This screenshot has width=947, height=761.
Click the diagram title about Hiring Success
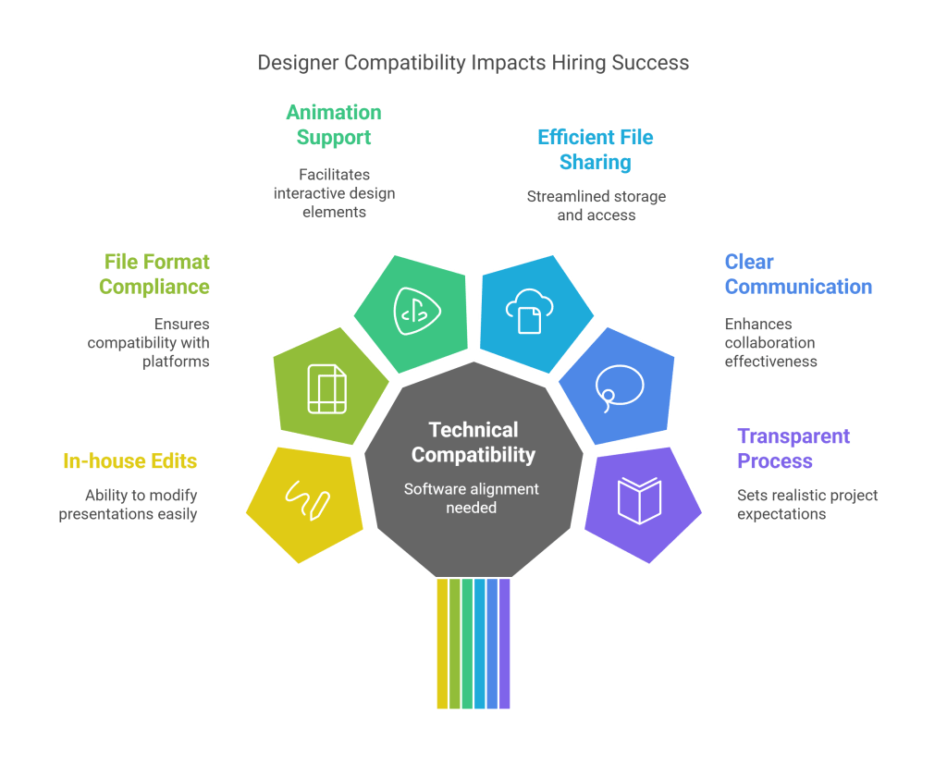coord(473,63)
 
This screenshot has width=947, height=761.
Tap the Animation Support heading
coord(333,126)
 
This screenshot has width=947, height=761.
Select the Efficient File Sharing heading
coord(596,150)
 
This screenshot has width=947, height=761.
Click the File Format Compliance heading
coord(154,275)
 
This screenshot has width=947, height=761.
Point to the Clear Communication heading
coord(797,275)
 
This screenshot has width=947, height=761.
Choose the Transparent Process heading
coord(793,448)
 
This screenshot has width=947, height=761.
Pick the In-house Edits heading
coord(130,461)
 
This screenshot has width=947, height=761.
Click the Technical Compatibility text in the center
coord(473,442)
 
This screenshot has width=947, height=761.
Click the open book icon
coord(640,499)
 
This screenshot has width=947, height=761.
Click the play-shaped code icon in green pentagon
coord(416,311)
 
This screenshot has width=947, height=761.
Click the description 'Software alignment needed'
coord(472,498)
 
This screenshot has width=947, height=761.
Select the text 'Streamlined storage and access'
coord(596,205)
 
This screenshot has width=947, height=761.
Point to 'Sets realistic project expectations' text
coord(806,504)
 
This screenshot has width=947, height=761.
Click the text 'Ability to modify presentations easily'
coord(129,504)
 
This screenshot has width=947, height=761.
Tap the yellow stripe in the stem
coord(442,644)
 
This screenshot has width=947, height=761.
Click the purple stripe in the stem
coord(505,644)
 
